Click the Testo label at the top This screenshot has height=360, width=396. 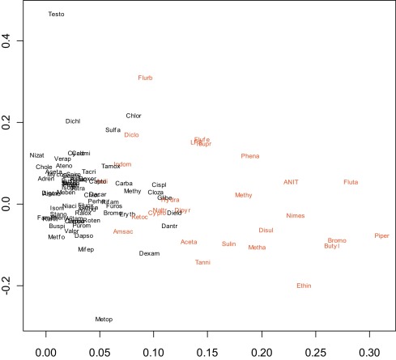[56, 15]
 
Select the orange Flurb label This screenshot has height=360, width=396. [145, 78]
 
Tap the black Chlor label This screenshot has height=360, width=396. [134, 116]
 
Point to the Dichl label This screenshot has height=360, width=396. [73, 121]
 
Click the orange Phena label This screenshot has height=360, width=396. [250, 155]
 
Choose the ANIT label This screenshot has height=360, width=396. [292, 182]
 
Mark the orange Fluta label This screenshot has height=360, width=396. [351, 182]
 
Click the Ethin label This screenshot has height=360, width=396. [304, 285]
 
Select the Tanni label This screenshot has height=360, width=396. [202, 262]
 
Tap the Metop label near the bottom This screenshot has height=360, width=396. [104, 320]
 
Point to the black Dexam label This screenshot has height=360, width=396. [149, 253]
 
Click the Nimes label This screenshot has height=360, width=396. [296, 215]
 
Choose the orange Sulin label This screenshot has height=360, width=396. [229, 243]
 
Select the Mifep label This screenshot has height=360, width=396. [86, 249]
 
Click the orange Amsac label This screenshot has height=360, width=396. [122, 231]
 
